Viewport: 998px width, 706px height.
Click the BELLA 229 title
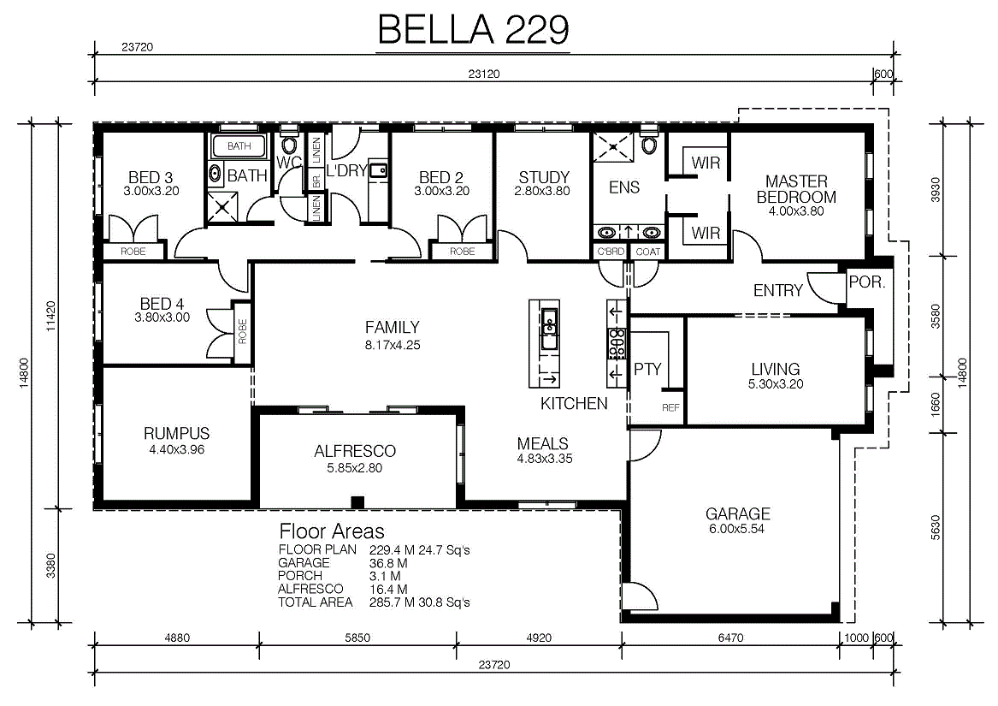coord(473,29)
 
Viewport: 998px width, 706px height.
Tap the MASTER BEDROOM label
coord(796,189)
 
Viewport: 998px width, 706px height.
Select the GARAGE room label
coord(738,513)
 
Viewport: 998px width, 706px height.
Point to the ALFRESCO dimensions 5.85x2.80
coord(355,468)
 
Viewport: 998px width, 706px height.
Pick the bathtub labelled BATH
coord(239,146)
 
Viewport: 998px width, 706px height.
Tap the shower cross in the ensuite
coord(613,147)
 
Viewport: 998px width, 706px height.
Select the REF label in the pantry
coord(670,408)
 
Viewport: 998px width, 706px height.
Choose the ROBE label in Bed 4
coord(242,331)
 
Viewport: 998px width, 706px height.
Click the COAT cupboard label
coord(648,252)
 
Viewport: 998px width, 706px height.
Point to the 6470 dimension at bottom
coord(730,638)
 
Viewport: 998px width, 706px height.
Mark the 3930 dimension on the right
coord(935,189)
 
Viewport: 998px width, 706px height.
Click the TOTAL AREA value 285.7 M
coord(388,602)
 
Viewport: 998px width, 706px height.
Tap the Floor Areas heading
coord(332,531)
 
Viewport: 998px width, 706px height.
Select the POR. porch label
coord(867,282)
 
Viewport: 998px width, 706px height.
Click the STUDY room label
coord(544,177)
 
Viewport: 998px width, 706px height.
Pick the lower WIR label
coord(706,234)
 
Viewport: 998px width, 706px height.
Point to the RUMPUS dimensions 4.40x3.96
coord(176,449)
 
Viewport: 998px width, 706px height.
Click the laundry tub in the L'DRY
coord(380,170)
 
